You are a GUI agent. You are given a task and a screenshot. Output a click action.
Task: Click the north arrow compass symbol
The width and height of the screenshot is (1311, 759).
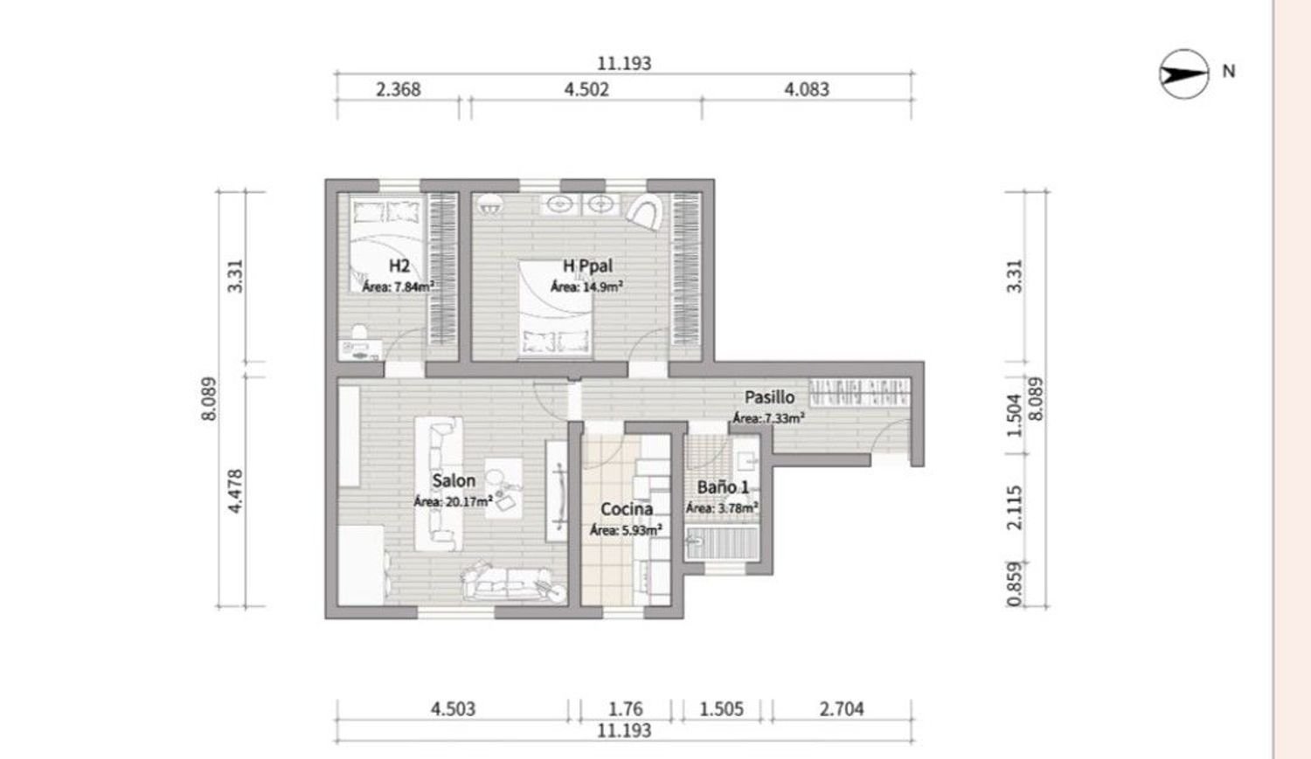(1183, 72)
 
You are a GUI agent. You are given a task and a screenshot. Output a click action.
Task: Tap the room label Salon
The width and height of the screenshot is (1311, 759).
(454, 480)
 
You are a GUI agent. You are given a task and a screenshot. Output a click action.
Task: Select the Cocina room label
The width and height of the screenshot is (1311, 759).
(627, 509)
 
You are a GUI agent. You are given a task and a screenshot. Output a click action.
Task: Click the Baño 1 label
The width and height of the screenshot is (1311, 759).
(723, 488)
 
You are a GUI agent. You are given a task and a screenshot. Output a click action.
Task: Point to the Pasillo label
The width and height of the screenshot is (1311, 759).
(769, 397)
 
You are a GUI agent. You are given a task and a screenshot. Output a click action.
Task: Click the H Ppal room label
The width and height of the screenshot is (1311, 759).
(587, 266)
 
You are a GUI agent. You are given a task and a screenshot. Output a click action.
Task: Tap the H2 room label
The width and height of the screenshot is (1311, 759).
(399, 266)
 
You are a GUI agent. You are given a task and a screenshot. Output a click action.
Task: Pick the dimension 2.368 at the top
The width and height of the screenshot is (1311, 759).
(399, 89)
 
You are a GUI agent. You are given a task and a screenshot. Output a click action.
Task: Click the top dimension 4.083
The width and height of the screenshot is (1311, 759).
(807, 89)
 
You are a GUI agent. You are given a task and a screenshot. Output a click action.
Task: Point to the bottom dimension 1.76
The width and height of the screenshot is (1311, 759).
(625, 708)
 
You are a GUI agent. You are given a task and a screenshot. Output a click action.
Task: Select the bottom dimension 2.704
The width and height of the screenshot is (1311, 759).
(842, 708)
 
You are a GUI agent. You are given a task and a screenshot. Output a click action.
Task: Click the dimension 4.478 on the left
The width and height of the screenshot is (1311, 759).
(234, 491)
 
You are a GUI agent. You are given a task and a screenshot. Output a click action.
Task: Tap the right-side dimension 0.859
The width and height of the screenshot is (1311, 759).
(1014, 583)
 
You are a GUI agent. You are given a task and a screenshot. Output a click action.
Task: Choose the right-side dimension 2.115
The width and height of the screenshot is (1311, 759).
(1014, 508)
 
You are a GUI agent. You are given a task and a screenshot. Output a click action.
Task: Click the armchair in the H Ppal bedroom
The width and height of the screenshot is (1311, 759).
(644, 211)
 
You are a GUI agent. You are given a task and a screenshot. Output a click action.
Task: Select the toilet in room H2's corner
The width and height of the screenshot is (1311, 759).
(357, 332)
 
